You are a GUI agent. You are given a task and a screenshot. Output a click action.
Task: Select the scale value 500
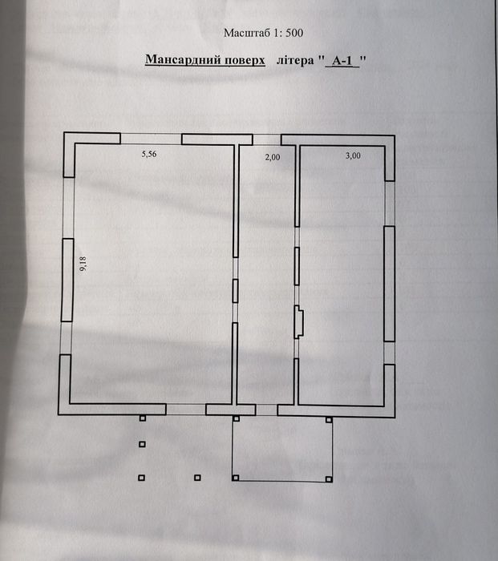(292, 34)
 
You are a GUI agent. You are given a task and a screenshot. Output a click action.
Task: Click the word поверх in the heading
(241, 60)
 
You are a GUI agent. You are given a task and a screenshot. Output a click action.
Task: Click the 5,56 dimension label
(148, 155)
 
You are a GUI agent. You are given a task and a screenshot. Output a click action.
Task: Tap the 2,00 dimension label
(272, 157)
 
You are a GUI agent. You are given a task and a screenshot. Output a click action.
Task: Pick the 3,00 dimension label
(353, 156)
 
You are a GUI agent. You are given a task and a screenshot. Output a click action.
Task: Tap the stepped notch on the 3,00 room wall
(300, 321)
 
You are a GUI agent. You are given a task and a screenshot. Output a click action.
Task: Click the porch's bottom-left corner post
(234, 478)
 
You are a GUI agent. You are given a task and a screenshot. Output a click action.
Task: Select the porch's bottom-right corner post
(329, 478)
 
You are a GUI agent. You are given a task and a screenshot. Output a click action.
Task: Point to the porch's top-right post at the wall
(329, 418)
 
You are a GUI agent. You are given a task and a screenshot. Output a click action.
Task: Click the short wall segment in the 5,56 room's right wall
(235, 290)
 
